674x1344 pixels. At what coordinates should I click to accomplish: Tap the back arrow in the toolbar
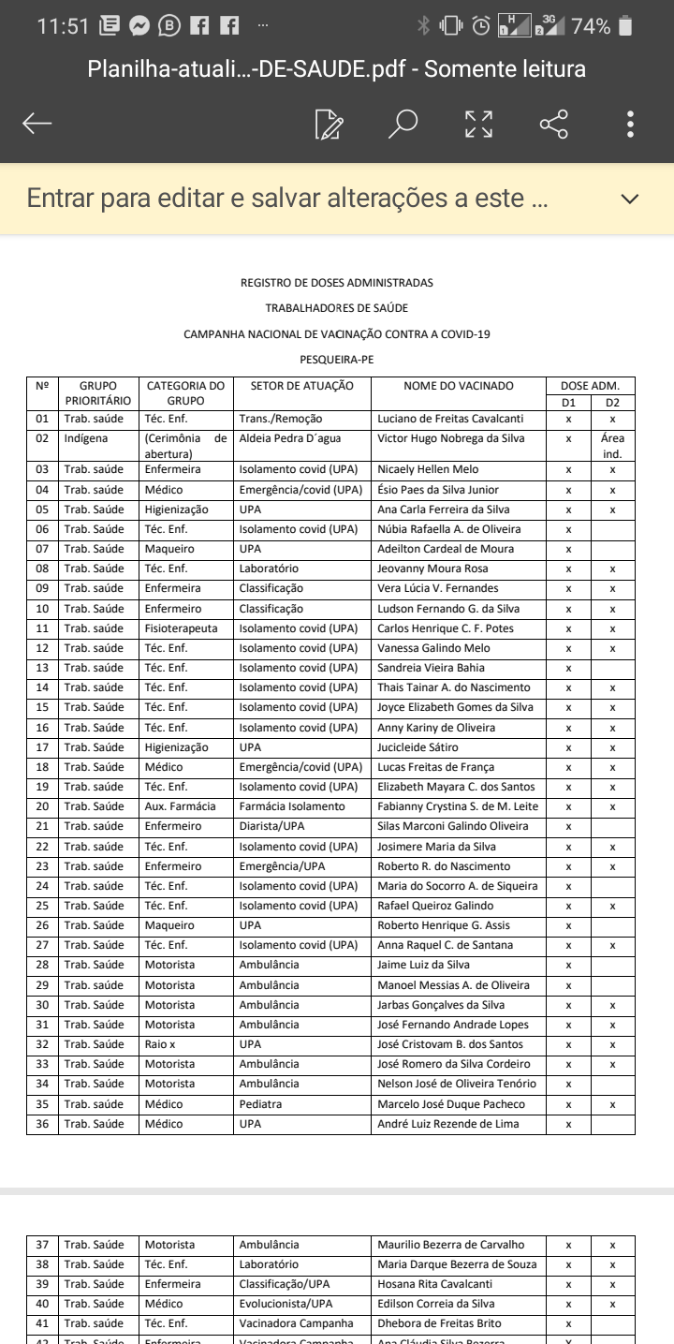click(37, 124)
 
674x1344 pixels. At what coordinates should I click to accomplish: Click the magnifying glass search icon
click(403, 124)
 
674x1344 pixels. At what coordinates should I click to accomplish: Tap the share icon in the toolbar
click(553, 124)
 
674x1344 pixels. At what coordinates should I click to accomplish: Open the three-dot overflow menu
click(631, 124)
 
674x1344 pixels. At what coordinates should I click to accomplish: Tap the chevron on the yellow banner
click(630, 199)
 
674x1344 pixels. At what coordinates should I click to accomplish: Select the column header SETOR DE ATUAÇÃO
click(301, 386)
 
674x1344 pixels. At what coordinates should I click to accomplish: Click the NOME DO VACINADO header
click(459, 386)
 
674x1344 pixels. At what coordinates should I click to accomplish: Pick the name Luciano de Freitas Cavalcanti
click(450, 419)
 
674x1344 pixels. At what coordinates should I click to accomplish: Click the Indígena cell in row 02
click(86, 438)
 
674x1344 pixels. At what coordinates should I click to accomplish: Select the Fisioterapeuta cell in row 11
click(181, 628)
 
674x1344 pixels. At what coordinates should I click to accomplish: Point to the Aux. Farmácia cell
click(180, 806)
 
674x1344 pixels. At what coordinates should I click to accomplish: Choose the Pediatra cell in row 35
click(260, 1104)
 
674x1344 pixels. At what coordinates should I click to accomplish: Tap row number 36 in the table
click(42, 1124)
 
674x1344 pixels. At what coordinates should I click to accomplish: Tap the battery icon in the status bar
click(625, 26)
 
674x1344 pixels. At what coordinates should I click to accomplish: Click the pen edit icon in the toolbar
click(329, 124)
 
